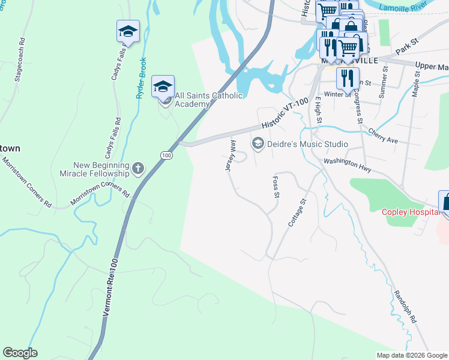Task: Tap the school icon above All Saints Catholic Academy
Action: [163, 86]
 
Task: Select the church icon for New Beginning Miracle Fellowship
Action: [138, 168]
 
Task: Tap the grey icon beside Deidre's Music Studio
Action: [258, 143]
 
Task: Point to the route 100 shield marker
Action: [166, 155]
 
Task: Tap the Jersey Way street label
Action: [231, 156]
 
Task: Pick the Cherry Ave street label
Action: [383, 136]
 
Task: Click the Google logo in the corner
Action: [20, 353]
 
